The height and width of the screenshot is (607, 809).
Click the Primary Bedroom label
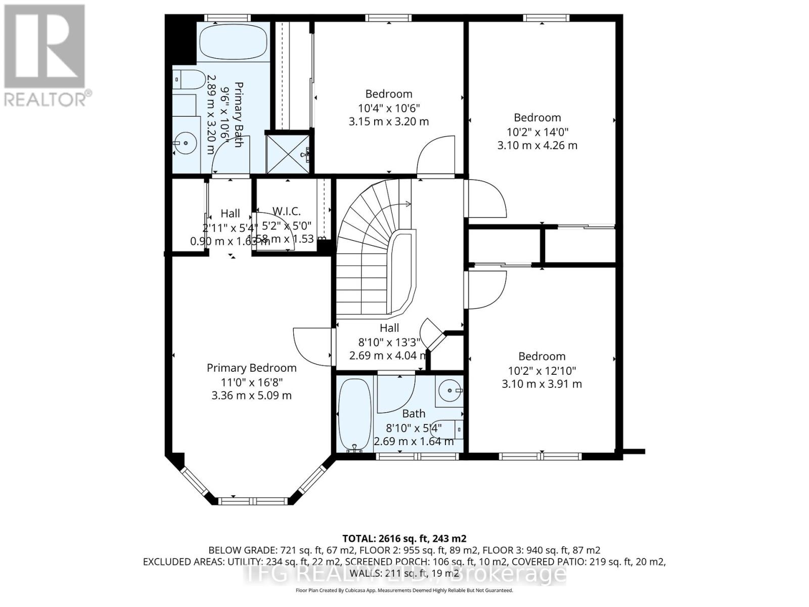coord(251,368)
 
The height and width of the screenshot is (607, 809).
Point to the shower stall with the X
coord(287,152)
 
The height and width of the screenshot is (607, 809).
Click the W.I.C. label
coord(286,211)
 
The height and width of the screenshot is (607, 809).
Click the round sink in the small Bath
coord(450,390)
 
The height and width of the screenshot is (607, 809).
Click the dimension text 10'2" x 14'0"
coord(537,132)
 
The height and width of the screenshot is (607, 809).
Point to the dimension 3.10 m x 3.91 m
coord(542,384)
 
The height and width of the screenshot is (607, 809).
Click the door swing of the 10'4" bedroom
coord(436,154)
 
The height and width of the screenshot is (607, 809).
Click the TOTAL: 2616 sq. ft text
coord(404,538)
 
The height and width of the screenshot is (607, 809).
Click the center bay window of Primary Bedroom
coord(253,501)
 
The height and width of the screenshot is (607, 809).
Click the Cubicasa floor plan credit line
coord(404,590)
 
